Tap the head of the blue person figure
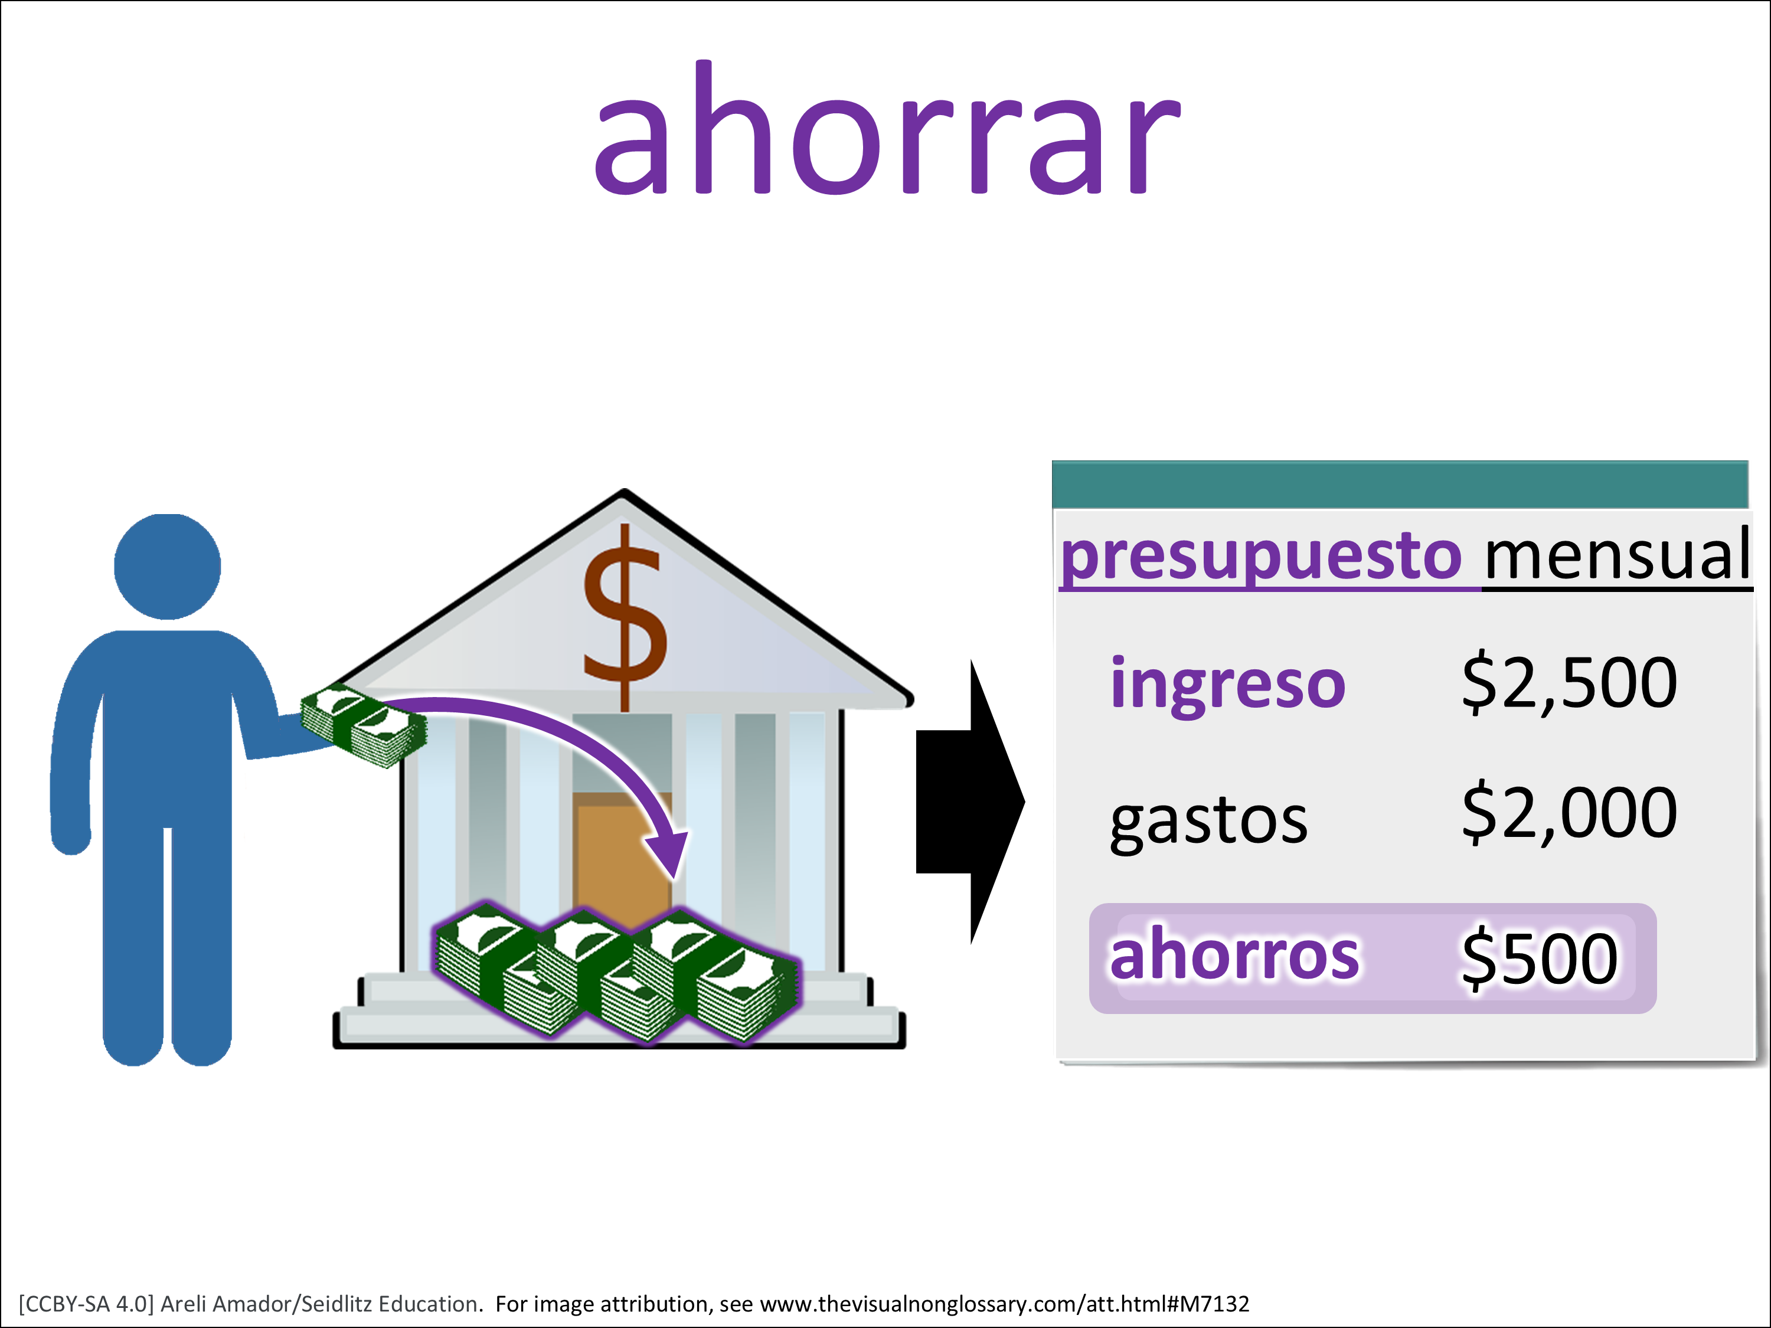tap(167, 566)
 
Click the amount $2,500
tap(1569, 683)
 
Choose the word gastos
tap(1209, 823)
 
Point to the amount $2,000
tap(1569, 813)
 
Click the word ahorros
tap(1234, 955)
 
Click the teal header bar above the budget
tap(1400, 485)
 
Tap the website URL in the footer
tap(1005, 1303)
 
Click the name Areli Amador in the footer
tap(227, 1303)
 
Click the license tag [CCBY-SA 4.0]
tap(86, 1303)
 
